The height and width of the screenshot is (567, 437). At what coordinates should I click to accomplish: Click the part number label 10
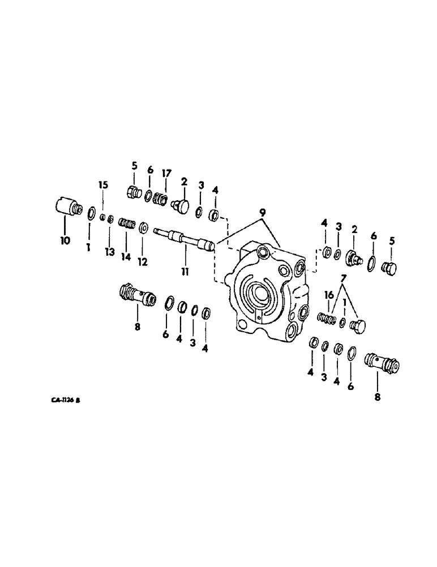tap(65, 240)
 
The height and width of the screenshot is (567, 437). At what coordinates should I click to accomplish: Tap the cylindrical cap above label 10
tap(67, 206)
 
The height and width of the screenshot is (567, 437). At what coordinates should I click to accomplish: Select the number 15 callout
tap(102, 185)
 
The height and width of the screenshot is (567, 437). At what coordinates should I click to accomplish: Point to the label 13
tap(110, 252)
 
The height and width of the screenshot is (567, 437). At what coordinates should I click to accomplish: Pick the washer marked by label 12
tap(143, 228)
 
